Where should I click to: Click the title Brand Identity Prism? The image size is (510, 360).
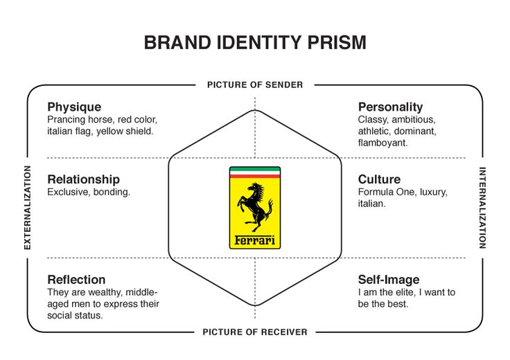pos(254,42)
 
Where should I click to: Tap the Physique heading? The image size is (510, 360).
pos(74,107)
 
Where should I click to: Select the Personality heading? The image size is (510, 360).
pos(390,107)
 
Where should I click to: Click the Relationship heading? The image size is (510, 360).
pos(83,179)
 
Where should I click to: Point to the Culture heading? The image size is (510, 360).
pos(379,179)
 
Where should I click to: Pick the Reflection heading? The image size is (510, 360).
pos(76,280)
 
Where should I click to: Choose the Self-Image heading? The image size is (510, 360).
pos(389,280)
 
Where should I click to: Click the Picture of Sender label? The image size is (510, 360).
pos(255,84)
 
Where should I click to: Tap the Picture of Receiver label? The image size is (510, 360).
pos(255,332)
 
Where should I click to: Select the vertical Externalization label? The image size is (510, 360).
pos(28,207)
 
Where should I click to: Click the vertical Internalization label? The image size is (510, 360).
pos(483,207)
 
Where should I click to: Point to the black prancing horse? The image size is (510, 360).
pos(255,206)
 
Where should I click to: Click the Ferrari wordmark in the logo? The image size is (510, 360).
pos(255,241)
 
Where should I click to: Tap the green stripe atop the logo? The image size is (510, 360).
pos(255,169)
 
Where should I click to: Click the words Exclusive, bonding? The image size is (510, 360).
pos(89,192)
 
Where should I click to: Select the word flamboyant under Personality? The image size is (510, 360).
pos(382,143)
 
